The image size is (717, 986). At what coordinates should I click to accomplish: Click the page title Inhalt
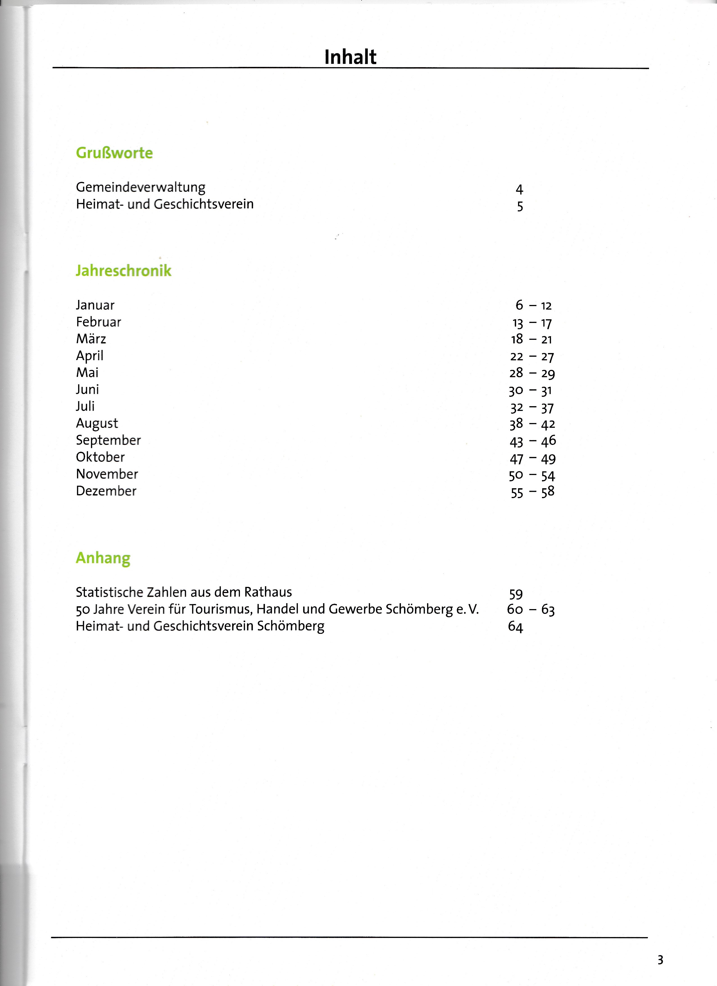point(350,57)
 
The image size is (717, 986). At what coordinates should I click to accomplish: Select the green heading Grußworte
point(114,153)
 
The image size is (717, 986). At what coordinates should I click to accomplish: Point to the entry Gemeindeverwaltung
point(140,187)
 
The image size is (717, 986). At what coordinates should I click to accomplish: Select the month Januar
point(95,305)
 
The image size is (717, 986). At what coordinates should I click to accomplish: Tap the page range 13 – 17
point(532,323)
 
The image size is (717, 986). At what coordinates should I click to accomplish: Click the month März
point(91,339)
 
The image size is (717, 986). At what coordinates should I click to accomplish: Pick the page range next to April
point(532,356)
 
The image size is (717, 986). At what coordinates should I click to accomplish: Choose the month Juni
point(87,390)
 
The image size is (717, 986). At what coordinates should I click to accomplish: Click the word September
point(108,440)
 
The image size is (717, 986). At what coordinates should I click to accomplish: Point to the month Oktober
point(100,457)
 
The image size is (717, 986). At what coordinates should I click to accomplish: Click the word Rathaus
point(268,592)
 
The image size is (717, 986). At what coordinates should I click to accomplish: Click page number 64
point(515,627)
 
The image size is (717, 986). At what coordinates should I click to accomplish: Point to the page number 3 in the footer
point(660,960)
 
